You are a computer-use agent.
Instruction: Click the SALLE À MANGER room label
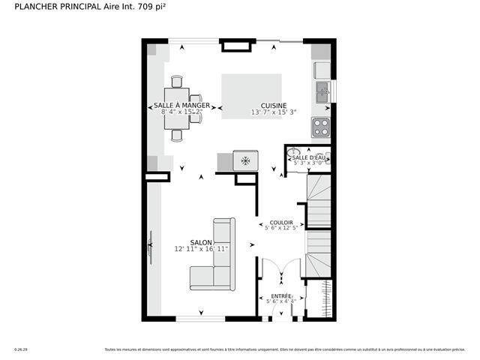pyautogui.click(x=181, y=105)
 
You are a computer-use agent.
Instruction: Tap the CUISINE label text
pyautogui.click(x=274, y=105)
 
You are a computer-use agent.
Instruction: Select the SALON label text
pyautogui.click(x=201, y=241)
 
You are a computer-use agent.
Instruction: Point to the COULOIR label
pyautogui.click(x=281, y=223)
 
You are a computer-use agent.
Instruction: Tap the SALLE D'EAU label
pyautogui.click(x=309, y=157)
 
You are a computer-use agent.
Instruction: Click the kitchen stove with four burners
pyautogui.click(x=321, y=127)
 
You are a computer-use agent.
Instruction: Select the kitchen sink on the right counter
pyautogui.click(x=322, y=93)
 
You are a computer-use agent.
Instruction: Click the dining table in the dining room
pyautogui.click(x=177, y=109)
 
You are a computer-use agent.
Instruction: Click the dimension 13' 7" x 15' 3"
pyautogui.click(x=273, y=113)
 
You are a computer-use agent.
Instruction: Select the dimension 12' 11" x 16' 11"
pyautogui.click(x=201, y=249)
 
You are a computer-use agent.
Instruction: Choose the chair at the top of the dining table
pyautogui.click(x=177, y=81)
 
